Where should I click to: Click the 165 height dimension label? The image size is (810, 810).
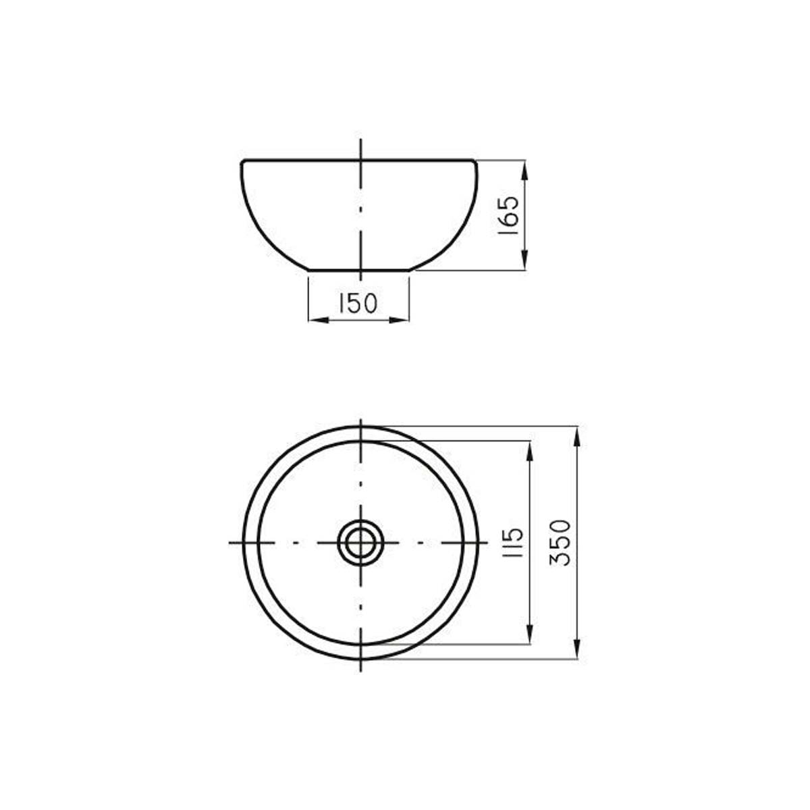508,215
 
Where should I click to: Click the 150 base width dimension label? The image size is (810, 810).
358,303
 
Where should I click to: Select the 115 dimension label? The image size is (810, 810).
512,542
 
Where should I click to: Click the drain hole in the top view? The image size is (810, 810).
360,543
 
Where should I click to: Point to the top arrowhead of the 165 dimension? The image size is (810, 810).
524,170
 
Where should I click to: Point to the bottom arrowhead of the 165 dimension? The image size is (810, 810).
524,260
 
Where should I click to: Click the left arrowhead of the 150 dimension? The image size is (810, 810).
319,321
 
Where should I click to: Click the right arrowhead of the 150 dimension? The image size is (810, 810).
399,321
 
